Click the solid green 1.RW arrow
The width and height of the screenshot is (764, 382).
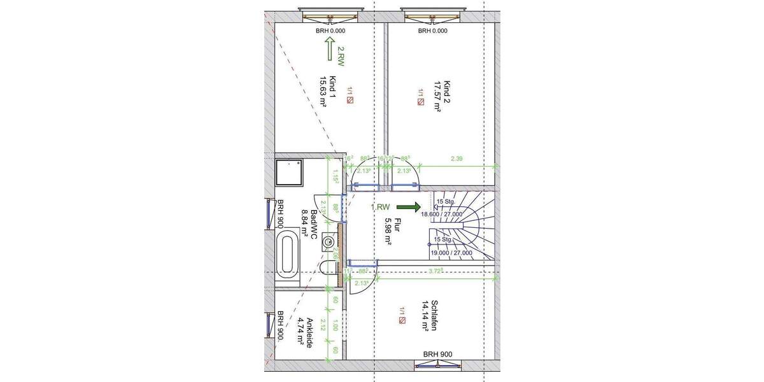click(x=408, y=207)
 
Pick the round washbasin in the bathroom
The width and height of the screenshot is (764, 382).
click(x=329, y=241)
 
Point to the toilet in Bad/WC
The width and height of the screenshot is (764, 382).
click(x=329, y=267)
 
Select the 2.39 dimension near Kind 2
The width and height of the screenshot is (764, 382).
click(x=456, y=159)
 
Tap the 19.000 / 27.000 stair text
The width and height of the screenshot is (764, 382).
click(x=451, y=252)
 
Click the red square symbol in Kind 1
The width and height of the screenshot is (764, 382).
click(x=350, y=100)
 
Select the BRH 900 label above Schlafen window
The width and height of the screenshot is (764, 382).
click(x=437, y=355)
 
